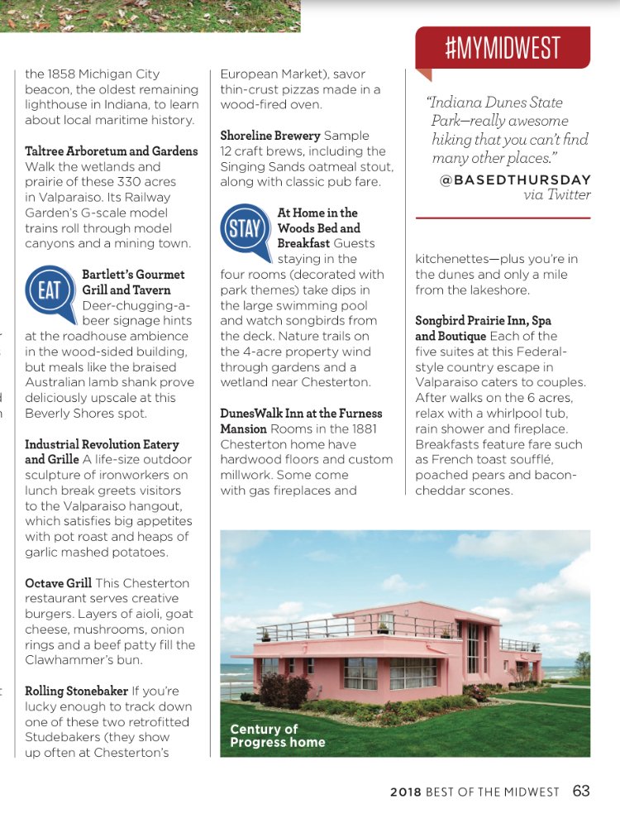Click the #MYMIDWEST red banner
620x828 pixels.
pyautogui.click(x=503, y=47)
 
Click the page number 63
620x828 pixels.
pyautogui.click(x=581, y=791)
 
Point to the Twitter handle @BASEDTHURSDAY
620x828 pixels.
pyautogui.click(x=515, y=179)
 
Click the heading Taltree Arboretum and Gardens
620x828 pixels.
pyautogui.click(x=112, y=151)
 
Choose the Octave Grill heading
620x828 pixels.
pyautogui.click(x=58, y=583)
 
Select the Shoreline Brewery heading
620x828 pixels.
pyautogui.click(x=270, y=136)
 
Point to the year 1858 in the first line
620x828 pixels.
pyautogui.click(x=63, y=74)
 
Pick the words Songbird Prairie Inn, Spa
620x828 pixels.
pyautogui.click(x=483, y=320)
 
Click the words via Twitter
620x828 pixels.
pyautogui.click(x=556, y=194)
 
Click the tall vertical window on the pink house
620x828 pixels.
pyautogui.click(x=472, y=648)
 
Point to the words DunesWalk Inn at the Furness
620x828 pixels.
pyautogui.click(x=301, y=413)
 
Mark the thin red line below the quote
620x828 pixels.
pyautogui.click(x=503, y=218)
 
